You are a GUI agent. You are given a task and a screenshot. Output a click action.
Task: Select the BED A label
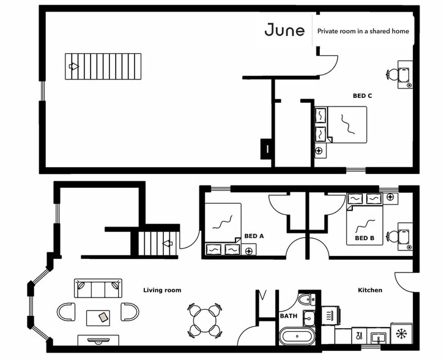point(254,236)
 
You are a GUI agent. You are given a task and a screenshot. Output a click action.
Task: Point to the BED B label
point(364,238)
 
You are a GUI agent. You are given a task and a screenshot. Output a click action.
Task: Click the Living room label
point(162,290)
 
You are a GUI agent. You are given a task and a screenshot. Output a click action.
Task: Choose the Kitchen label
point(370,290)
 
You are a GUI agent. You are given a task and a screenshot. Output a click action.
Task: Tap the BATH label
point(288,317)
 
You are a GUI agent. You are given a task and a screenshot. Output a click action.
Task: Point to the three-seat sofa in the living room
point(98,288)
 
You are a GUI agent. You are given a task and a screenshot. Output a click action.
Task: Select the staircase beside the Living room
point(157,243)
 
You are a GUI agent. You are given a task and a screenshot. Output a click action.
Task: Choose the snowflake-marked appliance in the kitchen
point(402,334)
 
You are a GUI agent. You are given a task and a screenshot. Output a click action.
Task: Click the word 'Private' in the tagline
point(328,31)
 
